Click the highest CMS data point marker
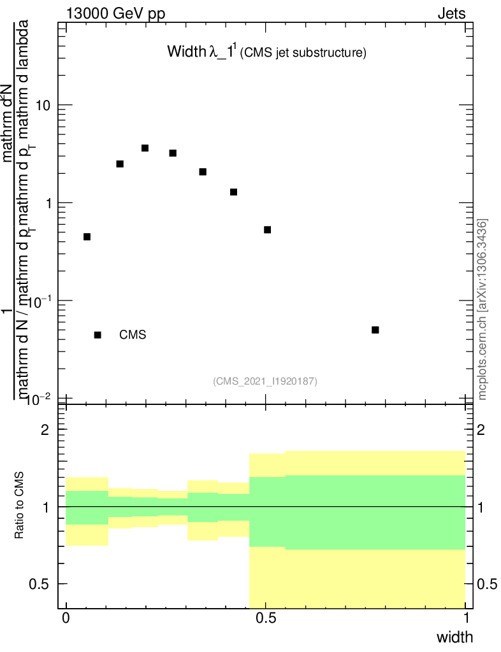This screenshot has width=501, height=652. [x=145, y=148]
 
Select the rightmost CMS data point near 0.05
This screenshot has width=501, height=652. [x=375, y=329]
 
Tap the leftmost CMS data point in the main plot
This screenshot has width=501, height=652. [x=87, y=237]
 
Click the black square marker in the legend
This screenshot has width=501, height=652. [x=98, y=335]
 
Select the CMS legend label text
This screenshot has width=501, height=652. [x=133, y=335]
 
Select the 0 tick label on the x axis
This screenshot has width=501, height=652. [x=66, y=619]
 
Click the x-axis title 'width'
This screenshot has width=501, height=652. [x=454, y=637]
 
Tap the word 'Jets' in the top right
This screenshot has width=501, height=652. [x=451, y=13]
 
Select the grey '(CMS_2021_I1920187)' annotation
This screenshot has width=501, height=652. [x=265, y=381]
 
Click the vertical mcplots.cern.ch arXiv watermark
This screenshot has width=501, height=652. [x=483, y=309]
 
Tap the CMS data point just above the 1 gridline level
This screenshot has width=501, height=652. [x=233, y=192]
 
